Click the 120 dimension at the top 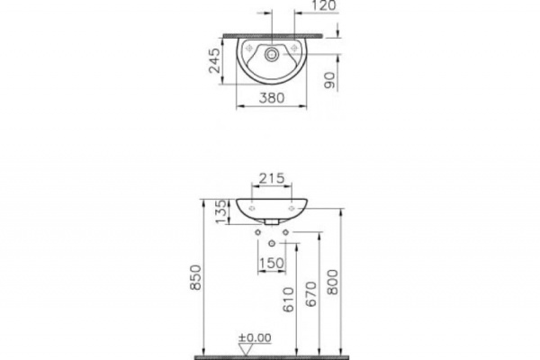click(324, 5)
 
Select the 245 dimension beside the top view click(214, 60)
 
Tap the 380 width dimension click(272, 98)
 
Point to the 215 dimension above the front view click(272, 178)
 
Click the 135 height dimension click(222, 211)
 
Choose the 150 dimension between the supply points click(272, 264)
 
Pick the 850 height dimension click(195, 277)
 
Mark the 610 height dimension click(289, 300)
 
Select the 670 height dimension click(310, 294)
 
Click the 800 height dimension click(333, 282)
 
